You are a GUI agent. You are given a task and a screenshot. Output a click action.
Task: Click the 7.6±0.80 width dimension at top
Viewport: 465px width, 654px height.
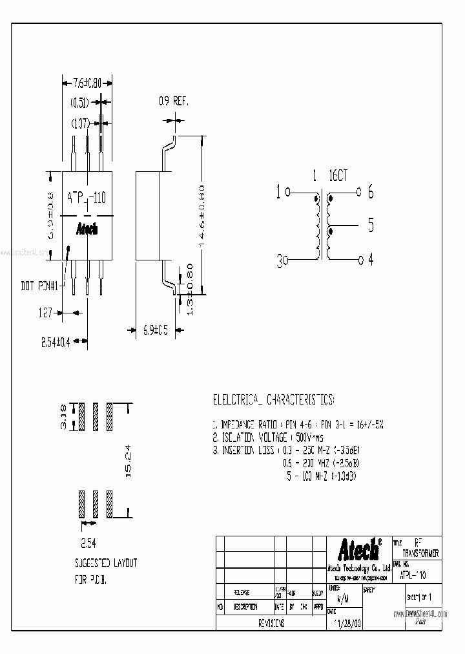tap(88, 83)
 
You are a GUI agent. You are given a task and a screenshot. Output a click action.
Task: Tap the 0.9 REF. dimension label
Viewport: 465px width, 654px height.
tap(174, 101)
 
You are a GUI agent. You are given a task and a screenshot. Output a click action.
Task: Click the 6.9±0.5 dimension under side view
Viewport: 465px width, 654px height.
tap(155, 330)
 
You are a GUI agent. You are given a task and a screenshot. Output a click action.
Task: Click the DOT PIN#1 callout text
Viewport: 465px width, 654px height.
tap(40, 285)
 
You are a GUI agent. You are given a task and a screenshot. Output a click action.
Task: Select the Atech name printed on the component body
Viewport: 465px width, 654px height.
tap(87, 229)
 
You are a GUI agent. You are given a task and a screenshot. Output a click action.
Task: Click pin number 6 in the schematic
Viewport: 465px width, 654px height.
tap(371, 192)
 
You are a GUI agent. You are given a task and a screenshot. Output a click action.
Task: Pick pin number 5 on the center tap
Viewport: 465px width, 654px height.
tap(371, 226)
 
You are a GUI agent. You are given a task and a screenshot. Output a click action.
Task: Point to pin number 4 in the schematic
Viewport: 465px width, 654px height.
tap(371, 260)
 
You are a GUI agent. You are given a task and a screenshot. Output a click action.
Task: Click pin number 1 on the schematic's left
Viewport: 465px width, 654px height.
tap(278, 192)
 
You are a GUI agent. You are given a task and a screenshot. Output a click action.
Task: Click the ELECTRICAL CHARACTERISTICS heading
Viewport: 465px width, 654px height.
tap(273, 399)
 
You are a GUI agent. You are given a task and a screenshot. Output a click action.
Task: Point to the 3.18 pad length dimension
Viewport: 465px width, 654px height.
tap(63, 417)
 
